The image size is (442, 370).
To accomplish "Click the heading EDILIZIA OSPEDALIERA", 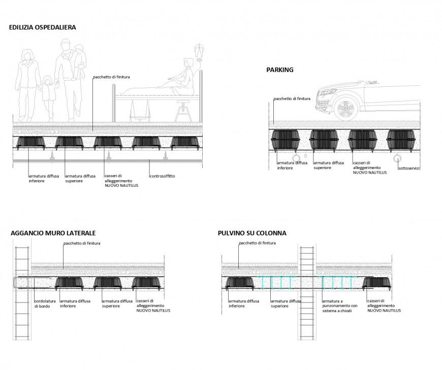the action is pyautogui.click(x=43, y=27).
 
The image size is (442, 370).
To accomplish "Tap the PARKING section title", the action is pyautogui.click(x=280, y=70).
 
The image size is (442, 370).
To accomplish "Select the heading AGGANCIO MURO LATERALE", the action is pyautogui.click(x=53, y=233).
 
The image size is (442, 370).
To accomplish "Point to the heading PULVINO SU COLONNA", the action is pyautogui.click(x=252, y=233).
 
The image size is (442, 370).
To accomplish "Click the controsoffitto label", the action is pyautogui.click(x=162, y=176).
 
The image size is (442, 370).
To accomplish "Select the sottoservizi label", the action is pyautogui.click(x=409, y=168).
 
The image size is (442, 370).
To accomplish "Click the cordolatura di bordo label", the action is pyautogui.click(x=44, y=304).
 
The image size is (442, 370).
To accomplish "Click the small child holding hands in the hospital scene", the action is pyautogui.click(x=48, y=93).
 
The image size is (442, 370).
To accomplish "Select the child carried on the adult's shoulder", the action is pyautogui.click(x=79, y=60).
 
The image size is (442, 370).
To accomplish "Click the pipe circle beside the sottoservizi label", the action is pyautogui.click(x=396, y=158).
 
